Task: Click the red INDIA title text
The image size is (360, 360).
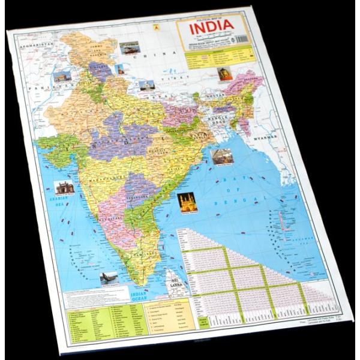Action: (x=211, y=30)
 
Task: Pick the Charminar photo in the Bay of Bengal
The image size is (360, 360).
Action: (x=187, y=202)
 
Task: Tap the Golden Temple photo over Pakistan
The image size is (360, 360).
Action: (x=62, y=77)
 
